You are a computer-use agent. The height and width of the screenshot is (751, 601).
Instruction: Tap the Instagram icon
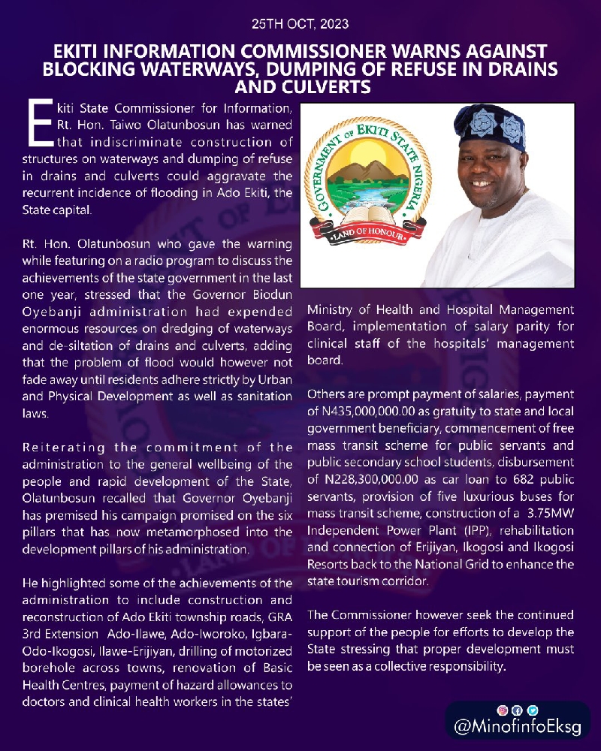(502, 710)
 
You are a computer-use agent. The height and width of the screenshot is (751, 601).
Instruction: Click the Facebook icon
(517, 710)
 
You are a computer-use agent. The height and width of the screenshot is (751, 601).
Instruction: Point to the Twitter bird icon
(532, 710)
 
